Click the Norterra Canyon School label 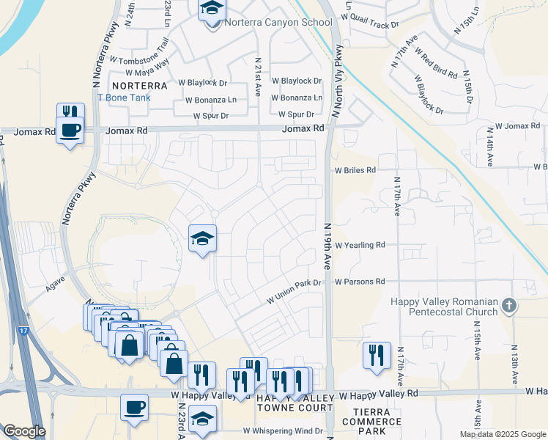tap(278, 22)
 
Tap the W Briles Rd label tap(355, 169)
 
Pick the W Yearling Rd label tap(360, 246)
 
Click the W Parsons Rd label tap(360, 281)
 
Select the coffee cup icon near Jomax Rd tap(70, 131)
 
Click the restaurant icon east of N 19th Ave tap(377, 356)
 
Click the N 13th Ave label tap(515, 364)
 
